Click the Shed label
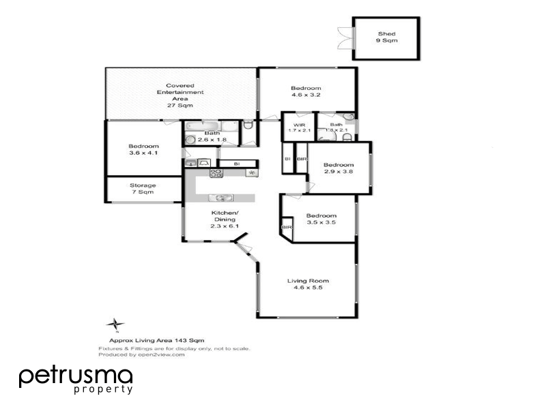click(387, 37)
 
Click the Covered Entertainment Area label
click(180, 95)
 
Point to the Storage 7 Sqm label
click(143, 189)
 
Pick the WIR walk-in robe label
click(298, 127)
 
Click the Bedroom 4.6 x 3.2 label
click(306, 92)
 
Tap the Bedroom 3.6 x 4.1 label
click(143, 149)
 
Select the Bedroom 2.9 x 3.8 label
click(339, 168)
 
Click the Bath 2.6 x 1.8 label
click(211, 136)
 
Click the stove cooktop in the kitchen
click(216, 173)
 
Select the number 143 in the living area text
click(181, 339)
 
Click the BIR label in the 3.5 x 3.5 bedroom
click(286, 227)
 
